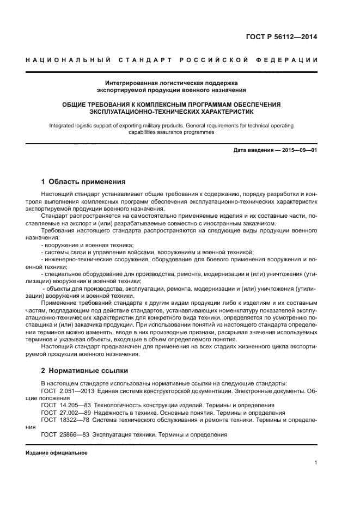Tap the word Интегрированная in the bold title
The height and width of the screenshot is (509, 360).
129,83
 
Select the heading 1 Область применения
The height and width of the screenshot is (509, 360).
83,181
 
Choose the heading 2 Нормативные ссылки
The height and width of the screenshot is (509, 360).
85,370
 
